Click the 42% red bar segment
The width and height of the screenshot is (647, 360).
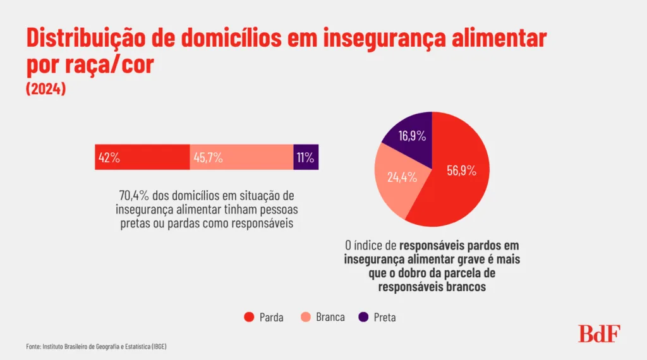142,157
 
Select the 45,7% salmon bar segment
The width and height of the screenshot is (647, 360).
241,157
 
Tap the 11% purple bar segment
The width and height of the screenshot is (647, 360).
306,157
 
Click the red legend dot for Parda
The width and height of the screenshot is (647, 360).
249,317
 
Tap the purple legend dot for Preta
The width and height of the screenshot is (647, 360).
363,317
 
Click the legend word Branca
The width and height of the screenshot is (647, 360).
330,317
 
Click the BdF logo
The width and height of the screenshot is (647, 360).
599,333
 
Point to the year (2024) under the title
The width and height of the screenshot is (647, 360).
46,89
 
